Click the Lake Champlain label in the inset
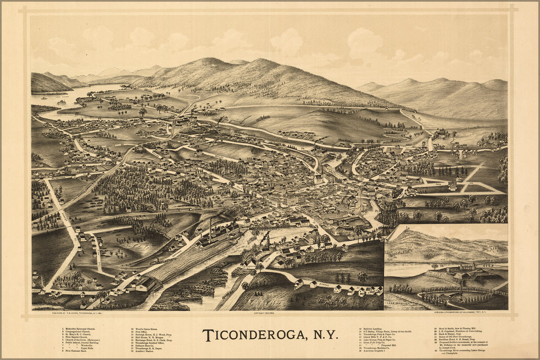click(x=403, y=305)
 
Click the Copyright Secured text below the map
click(x=264, y=314)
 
